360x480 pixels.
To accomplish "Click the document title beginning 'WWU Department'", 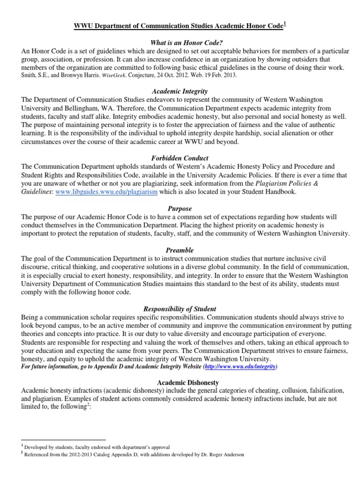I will click(x=177, y=27).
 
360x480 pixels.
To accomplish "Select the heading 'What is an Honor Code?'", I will click(x=180, y=43).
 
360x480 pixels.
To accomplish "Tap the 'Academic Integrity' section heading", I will click(x=180, y=91).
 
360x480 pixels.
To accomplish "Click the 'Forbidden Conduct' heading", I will click(x=180, y=158).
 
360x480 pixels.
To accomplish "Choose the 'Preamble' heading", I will click(x=180, y=250).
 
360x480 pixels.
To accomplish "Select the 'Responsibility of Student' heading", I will click(x=180, y=309).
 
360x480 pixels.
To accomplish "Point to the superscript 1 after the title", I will click(x=285, y=25).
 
